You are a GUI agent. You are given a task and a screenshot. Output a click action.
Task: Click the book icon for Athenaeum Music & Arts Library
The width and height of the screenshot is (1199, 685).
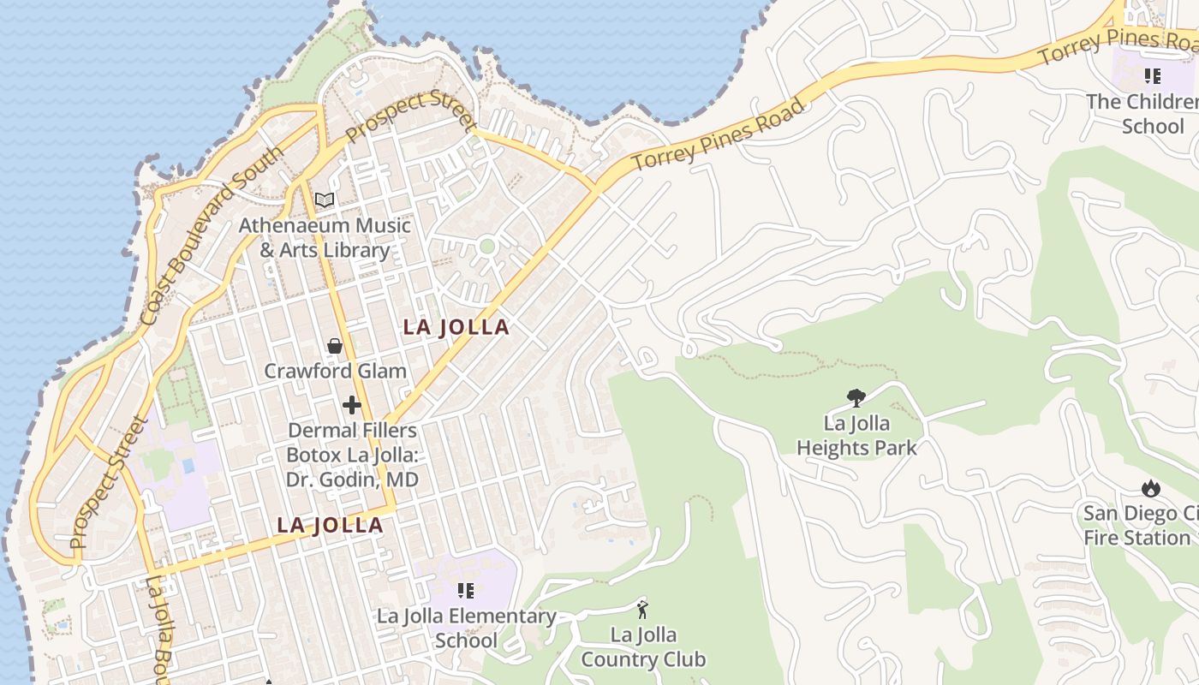(324, 200)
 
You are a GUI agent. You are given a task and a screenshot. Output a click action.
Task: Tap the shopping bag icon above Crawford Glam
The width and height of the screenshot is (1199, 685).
(335, 346)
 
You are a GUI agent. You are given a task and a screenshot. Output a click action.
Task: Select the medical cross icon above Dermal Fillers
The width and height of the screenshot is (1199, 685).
(352, 405)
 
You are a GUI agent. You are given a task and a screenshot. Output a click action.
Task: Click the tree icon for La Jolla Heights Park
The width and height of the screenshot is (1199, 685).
(855, 397)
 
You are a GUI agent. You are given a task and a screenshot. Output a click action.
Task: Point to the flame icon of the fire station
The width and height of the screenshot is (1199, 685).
(1150, 488)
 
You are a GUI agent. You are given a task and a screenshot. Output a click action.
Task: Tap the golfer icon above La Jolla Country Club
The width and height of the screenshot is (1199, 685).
(642, 610)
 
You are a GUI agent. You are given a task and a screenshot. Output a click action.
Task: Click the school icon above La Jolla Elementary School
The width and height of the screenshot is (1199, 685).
(466, 590)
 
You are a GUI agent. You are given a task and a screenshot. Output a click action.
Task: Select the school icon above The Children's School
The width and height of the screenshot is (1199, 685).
(1152, 76)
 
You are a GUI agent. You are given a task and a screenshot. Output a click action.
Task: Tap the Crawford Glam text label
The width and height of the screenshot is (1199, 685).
(335, 371)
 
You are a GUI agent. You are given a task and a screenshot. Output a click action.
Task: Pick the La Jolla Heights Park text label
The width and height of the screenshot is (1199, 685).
(856, 435)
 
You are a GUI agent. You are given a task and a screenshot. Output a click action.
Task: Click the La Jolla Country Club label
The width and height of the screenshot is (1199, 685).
(643, 647)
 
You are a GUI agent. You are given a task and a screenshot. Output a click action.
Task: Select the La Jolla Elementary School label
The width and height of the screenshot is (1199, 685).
(467, 628)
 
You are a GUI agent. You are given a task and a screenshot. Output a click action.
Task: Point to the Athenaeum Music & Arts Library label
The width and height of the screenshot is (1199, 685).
(325, 238)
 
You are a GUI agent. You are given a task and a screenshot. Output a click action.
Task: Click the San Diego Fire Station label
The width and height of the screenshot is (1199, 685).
(1140, 526)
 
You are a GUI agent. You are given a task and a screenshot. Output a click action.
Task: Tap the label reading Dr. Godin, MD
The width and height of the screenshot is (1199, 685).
(352, 479)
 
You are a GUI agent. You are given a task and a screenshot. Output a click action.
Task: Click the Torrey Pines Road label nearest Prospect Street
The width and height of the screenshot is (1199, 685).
(719, 134)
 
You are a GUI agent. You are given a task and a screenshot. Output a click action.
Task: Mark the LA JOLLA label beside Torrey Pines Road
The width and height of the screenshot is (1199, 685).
(456, 327)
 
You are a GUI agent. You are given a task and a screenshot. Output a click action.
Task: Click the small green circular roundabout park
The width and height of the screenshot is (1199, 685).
(487, 247)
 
